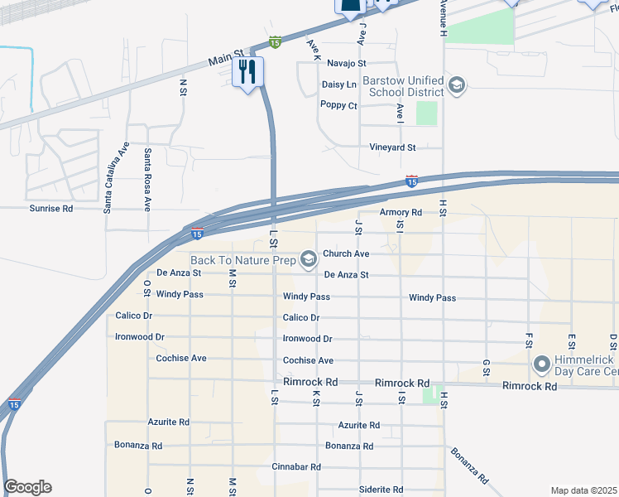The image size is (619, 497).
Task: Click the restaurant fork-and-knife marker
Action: pos(246,72)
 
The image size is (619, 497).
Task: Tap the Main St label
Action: pos(223,60)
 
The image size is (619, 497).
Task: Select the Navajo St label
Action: pos(346,63)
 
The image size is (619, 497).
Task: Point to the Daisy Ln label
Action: pos(338,84)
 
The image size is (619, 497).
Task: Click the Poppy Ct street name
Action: pos(338,106)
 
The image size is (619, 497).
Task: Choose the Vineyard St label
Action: pos(392,147)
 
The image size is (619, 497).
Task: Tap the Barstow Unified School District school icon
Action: pos(456,85)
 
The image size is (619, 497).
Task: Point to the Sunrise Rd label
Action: pos(51,209)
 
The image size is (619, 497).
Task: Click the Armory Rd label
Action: pos(401,213)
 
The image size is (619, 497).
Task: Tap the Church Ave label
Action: pos(346,254)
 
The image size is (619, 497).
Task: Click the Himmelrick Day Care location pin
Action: pos(542,364)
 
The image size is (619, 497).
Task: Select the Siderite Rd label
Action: pos(381,490)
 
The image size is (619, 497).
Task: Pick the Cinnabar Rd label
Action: pos(296,467)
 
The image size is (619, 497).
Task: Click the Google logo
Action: pos(27,487)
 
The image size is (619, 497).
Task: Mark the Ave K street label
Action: pos(313,49)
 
